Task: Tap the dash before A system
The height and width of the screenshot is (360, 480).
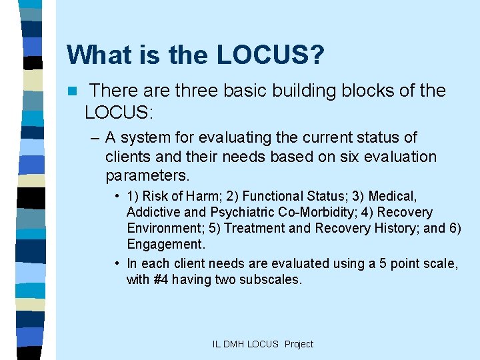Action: (x=93, y=138)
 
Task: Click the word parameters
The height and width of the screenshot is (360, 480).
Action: (x=147, y=177)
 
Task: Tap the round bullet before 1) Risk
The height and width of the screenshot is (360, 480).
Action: (x=117, y=197)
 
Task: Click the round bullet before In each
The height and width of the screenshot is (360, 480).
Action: (x=117, y=264)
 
